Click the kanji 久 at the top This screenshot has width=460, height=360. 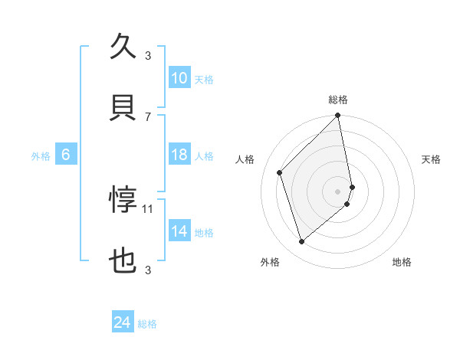click(123, 47)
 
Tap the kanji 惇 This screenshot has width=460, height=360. click(123, 200)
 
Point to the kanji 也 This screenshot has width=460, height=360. click(123, 261)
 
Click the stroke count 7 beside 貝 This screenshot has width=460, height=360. click(149, 116)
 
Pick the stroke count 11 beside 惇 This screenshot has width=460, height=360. click(149, 208)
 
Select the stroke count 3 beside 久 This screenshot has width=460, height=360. click(149, 55)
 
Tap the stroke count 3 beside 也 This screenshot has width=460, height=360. click(149, 270)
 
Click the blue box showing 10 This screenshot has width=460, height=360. click(179, 78)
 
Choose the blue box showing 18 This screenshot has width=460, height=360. click(179, 155)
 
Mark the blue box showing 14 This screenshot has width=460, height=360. click(179, 231)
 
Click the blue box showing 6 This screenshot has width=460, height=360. click(66, 155)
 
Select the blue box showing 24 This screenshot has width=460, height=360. click(122, 322)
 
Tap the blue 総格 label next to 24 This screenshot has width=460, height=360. click(147, 324)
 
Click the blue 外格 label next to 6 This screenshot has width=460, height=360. click(41, 156)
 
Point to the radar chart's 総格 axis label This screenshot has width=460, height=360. click(338, 100)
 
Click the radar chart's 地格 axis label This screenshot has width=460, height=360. click(402, 263)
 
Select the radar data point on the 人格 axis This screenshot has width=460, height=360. click(280, 172)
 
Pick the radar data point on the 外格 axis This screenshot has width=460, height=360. click(302, 242)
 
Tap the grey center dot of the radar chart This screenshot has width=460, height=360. click(338, 191)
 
